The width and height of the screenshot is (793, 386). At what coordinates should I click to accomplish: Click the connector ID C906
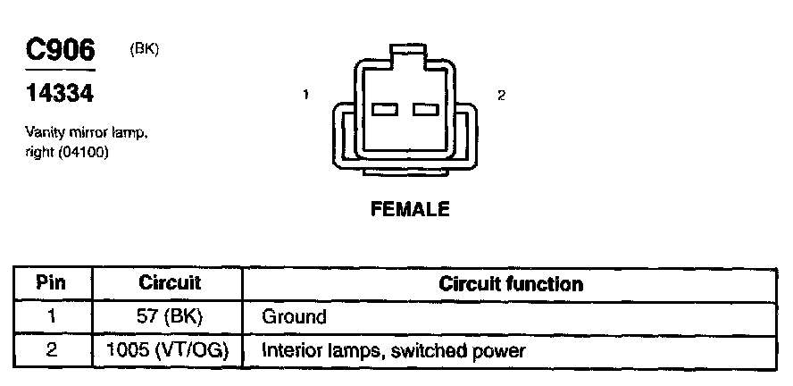[x=60, y=51]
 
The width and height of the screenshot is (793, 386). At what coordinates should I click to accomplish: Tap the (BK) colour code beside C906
[x=144, y=49]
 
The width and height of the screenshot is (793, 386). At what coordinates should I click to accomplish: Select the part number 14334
[x=59, y=93]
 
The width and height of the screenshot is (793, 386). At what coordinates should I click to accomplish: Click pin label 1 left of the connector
[x=306, y=95]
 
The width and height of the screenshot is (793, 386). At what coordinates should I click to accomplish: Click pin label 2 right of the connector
[x=501, y=95]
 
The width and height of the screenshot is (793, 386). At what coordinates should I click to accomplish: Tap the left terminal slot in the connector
[x=384, y=109]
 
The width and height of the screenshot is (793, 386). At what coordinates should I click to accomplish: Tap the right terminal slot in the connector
[x=425, y=109]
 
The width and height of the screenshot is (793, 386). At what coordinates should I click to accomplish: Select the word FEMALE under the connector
[x=410, y=210]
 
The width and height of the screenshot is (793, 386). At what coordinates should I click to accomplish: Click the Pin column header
[x=52, y=284]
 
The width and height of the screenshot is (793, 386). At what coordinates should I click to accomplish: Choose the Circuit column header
[x=170, y=284]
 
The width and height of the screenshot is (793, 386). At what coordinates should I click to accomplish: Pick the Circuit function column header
[x=511, y=284]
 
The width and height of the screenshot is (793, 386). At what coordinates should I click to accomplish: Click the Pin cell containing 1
[x=52, y=316]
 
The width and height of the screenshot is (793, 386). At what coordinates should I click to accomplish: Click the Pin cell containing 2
[x=52, y=350]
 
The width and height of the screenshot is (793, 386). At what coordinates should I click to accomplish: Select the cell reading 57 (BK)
[x=170, y=316]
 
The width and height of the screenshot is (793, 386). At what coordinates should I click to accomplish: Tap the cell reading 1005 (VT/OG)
[x=170, y=350]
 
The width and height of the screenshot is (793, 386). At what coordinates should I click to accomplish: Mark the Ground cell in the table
[x=294, y=316]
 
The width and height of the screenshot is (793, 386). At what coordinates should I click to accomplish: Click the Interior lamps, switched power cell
[x=393, y=350]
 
